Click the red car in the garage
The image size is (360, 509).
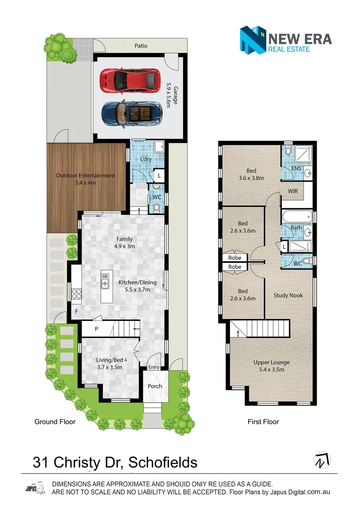(x=130, y=81)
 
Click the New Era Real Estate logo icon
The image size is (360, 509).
(x=252, y=40)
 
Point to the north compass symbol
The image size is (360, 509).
(x=322, y=460)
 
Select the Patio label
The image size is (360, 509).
(x=141, y=46)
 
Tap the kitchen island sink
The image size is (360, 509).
(x=105, y=282)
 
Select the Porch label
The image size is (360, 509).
(x=155, y=386)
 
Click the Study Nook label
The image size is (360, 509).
(x=288, y=296)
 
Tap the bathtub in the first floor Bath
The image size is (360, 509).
(x=296, y=217)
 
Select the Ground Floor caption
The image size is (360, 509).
(x=55, y=422)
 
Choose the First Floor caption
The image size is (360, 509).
(x=263, y=422)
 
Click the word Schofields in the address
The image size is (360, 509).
(x=163, y=462)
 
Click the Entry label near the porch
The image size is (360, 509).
(x=154, y=368)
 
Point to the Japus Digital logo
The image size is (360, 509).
(x=34, y=489)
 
